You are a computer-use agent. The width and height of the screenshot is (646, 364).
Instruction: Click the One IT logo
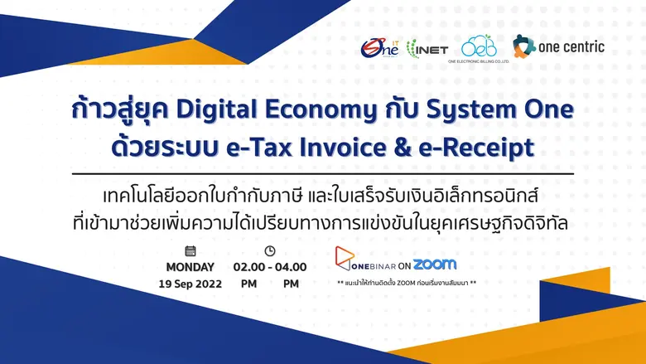tap(379, 47)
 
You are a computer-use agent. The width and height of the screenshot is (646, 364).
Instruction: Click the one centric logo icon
tap(523, 46)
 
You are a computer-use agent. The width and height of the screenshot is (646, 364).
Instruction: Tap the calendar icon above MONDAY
tap(190, 250)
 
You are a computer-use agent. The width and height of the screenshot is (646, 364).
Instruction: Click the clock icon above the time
tap(269, 250)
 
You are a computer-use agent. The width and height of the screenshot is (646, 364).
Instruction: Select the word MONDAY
tap(190, 267)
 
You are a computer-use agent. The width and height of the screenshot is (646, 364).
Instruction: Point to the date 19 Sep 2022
tap(190, 284)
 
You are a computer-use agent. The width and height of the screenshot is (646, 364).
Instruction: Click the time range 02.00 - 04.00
tap(270, 267)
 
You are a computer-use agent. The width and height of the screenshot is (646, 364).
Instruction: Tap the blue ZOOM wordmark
tap(434, 265)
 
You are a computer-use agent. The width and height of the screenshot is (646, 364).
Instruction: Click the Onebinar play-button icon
tap(345, 256)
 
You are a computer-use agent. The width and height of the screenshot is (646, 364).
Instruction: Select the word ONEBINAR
tap(362, 265)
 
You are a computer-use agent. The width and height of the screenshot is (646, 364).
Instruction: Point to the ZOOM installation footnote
tap(407, 284)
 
